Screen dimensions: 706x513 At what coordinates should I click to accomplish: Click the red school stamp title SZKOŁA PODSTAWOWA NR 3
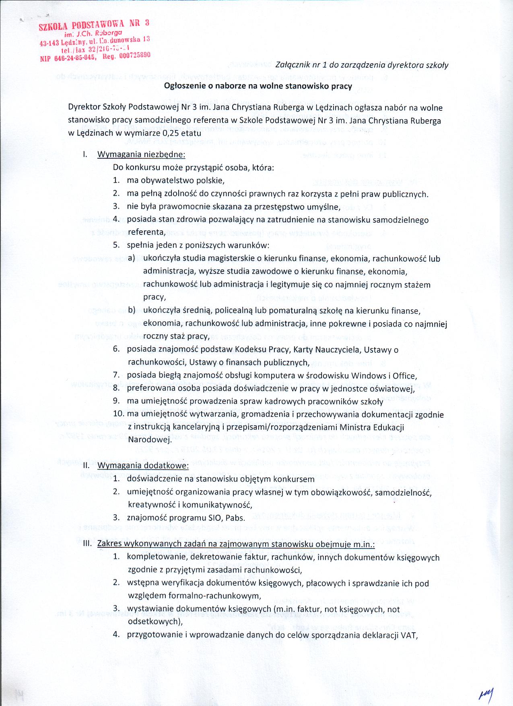(x=94, y=25)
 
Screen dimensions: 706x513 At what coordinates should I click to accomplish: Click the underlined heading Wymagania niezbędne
(x=142, y=154)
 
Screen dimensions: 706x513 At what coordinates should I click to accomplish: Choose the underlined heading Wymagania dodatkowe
(x=143, y=466)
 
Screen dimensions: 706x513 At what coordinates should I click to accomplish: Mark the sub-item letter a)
(x=132, y=258)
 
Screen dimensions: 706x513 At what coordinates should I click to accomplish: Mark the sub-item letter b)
(x=132, y=310)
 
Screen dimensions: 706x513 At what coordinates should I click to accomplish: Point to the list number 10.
(x=119, y=414)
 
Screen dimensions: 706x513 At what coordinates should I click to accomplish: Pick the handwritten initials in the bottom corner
(x=486, y=694)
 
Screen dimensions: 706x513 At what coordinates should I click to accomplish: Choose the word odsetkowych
(x=153, y=621)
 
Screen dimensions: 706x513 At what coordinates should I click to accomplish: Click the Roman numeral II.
(x=86, y=466)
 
